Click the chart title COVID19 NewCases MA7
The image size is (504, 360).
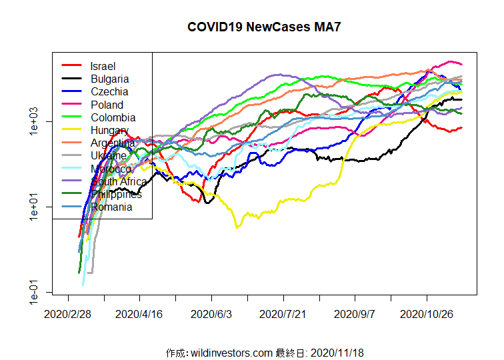coord(259,27)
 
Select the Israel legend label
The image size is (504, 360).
coord(103,66)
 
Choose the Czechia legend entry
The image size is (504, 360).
coord(109,91)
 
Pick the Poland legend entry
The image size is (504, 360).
coord(107,105)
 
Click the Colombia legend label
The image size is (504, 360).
coord(113,117)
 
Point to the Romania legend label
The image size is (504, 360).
coord(111,207)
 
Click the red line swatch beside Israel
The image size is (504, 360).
coord(71,66)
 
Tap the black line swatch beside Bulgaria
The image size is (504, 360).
coord(71,79)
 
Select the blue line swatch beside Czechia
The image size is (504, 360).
coord(71,91)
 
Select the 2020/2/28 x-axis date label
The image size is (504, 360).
coord(68,312)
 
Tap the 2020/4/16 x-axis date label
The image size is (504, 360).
coord(139,312)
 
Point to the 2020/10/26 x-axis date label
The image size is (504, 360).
coord(426,312)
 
